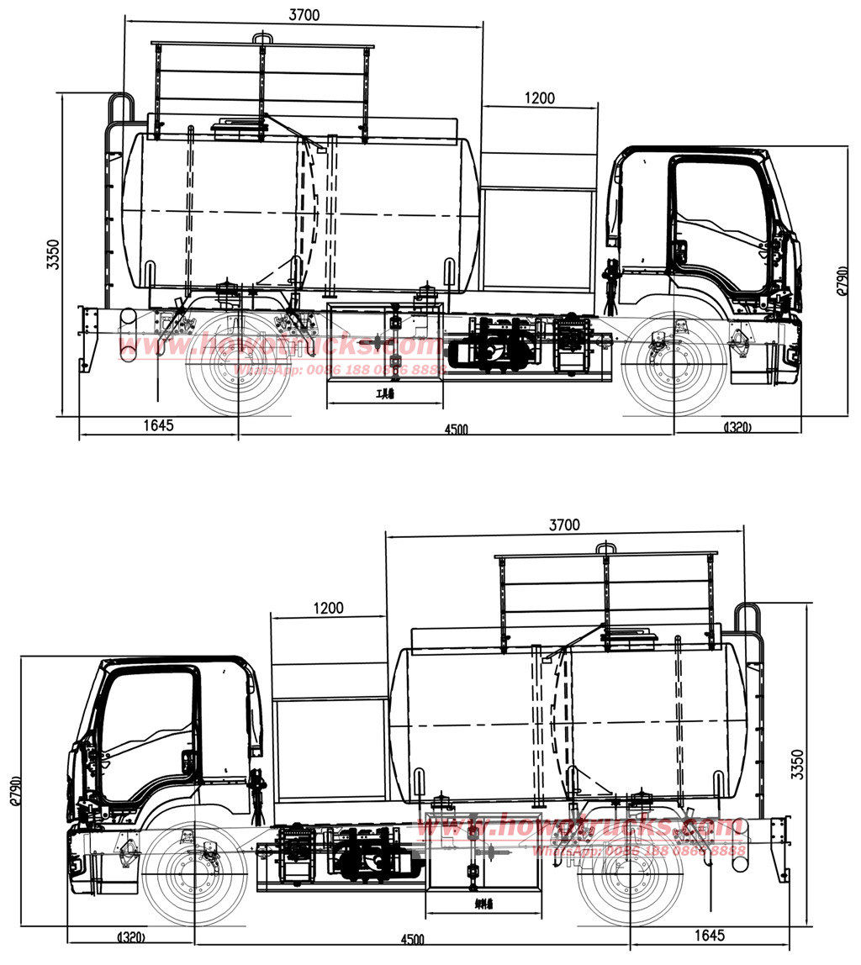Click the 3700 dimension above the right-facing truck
coord(304,14)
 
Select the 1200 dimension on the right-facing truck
coord(539,98)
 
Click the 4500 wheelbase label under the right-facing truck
coord(456,429)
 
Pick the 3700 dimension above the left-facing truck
coord(564,525)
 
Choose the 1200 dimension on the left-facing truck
coord(328,608)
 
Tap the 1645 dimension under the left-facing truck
coord(710,935)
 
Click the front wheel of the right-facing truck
coord(675,363)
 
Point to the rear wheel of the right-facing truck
coord(238,363)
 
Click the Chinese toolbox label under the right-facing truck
coord(386,393)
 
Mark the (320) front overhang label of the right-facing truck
coord(737,427)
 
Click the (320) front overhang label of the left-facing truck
coord(131,936)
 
